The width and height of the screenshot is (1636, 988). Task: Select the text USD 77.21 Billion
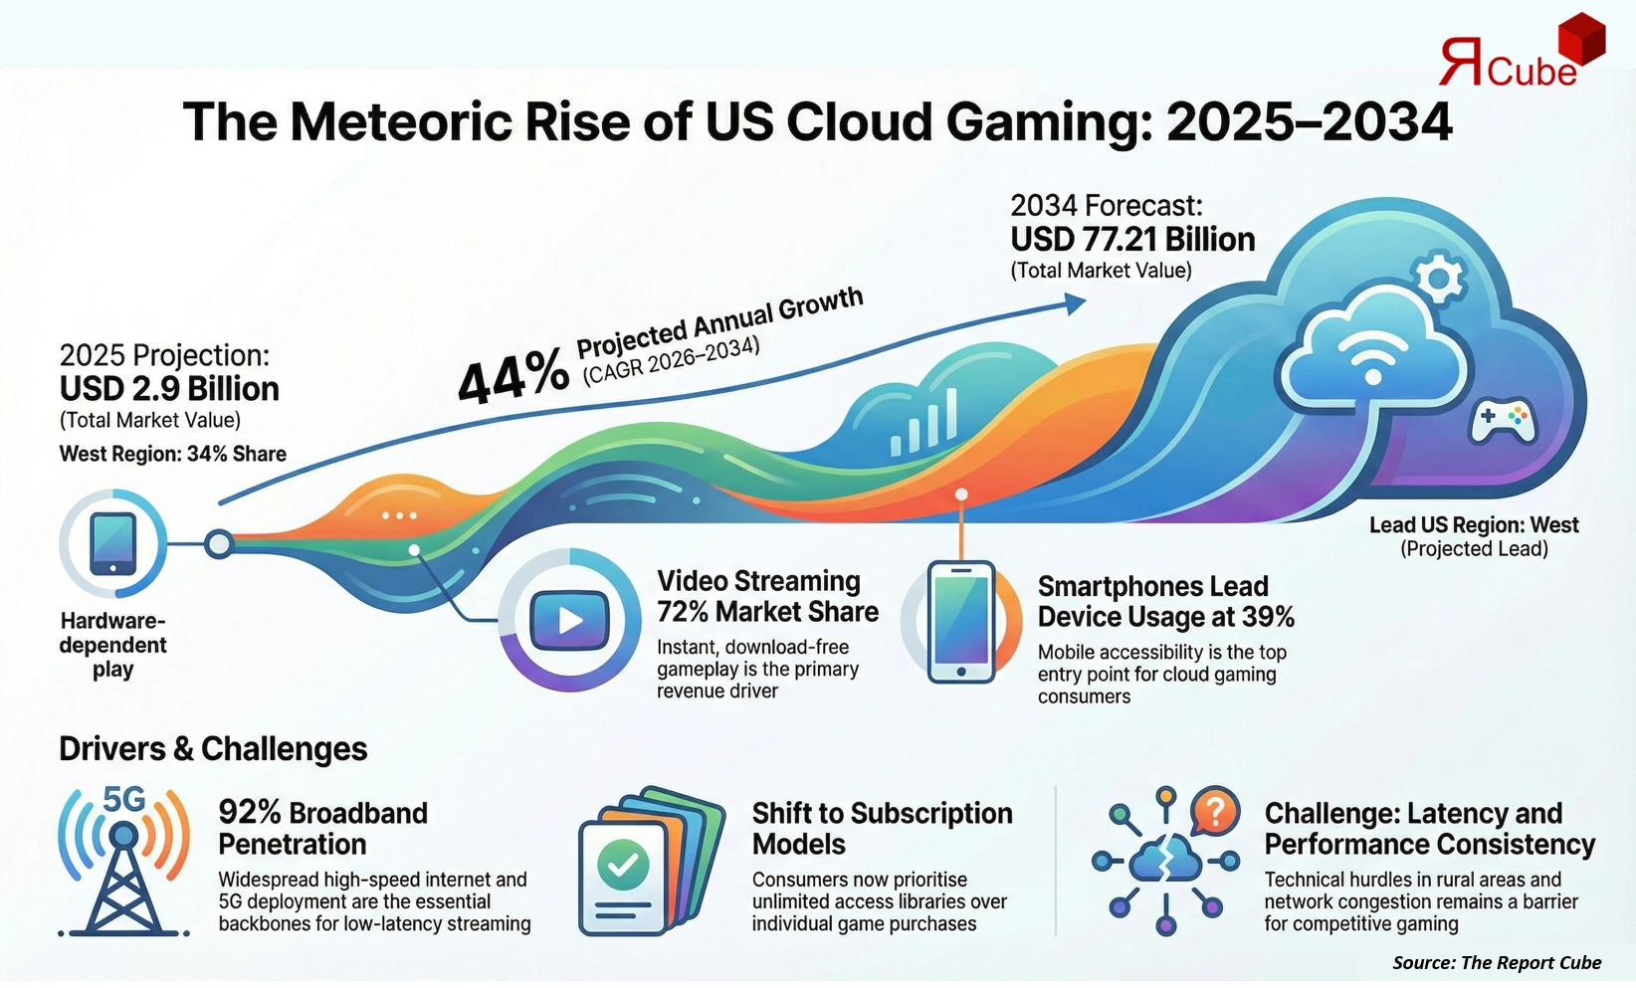[x=1132, y=240]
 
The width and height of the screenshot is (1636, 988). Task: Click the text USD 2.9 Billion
[x=169, y=389]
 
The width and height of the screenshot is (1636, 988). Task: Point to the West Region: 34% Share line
[x=173, y=455]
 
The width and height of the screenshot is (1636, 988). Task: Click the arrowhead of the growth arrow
[x=1075, y=303]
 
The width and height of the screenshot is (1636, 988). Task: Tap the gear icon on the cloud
[x=1439, y=279]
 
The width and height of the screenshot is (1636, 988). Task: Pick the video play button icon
[x=569, y=621]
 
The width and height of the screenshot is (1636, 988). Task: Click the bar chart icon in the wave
[x=924, y=423]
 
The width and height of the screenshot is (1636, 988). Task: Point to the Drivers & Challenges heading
[x=213, y=749]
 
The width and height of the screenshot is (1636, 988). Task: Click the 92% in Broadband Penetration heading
[x=250, y=813]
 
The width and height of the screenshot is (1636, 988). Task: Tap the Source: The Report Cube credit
[x=1497, y=962]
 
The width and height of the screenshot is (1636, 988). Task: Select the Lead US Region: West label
[x=1474, y=525]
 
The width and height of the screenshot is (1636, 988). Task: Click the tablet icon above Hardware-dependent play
[x=112, y=543]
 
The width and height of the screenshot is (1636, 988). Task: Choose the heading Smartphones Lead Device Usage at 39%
[x=1165, y=601]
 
